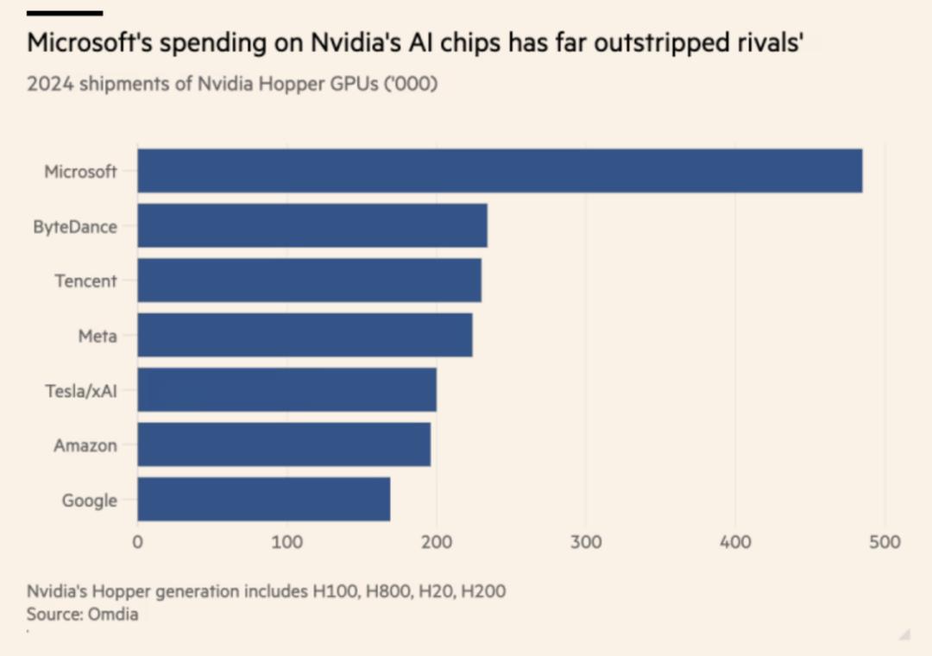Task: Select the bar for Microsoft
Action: [x=500, y=171]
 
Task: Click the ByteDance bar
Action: [x=312, y=226]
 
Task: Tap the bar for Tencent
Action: [x=309, y=281]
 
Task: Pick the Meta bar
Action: [x=305, y=335]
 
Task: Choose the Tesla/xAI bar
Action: [x=287, y=390]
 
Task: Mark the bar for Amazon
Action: [x=284, y=445]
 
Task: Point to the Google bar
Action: [x=263, y=499]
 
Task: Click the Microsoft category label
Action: [x=80, y=171]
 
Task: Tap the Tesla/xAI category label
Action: [x=80, y=390]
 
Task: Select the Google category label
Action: [x=89, y=500]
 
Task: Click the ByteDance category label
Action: [x=75, y=226]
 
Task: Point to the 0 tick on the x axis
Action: [x=138, y=542]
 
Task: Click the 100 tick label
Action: [x=287, y=542]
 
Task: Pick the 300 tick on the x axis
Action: [x=586, y=542]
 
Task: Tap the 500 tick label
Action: [x=884, y=542]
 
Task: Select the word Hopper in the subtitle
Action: [x=274, y=85]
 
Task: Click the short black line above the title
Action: [x=65, y=13]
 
